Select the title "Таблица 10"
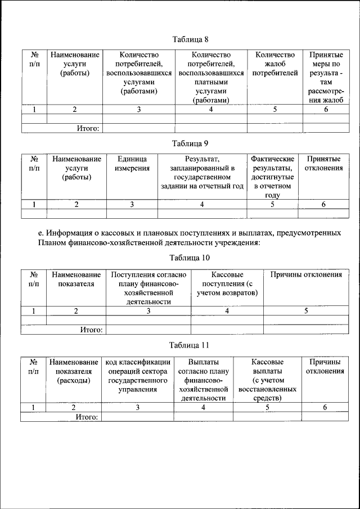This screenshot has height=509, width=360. (190, 258)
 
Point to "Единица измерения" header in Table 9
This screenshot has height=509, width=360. (132, 164)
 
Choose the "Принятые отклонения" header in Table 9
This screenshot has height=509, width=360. (323, 164)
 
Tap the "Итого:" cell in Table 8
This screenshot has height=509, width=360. (89, 128)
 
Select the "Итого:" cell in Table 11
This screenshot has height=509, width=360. (87, 417)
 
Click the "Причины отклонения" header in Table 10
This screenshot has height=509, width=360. (306, 275)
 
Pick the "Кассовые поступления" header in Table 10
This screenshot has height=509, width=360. (227, 283)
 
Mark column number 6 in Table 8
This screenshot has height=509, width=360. (326, 110)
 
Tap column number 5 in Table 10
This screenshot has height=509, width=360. (306, 310)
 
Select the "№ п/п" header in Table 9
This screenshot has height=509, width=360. (34, 164)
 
